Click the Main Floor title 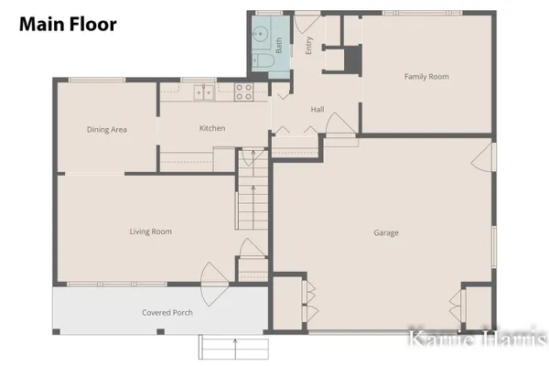point(68,25)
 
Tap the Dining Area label point(106,130)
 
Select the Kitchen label point(212,128)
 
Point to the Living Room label point(150,231)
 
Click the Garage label point(385,232)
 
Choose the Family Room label point(426,77)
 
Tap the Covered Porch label point(167,313)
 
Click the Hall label point(317,110)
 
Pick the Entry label point(309,46)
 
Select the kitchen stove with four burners point(243,91)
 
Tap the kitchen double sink point(203,91)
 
